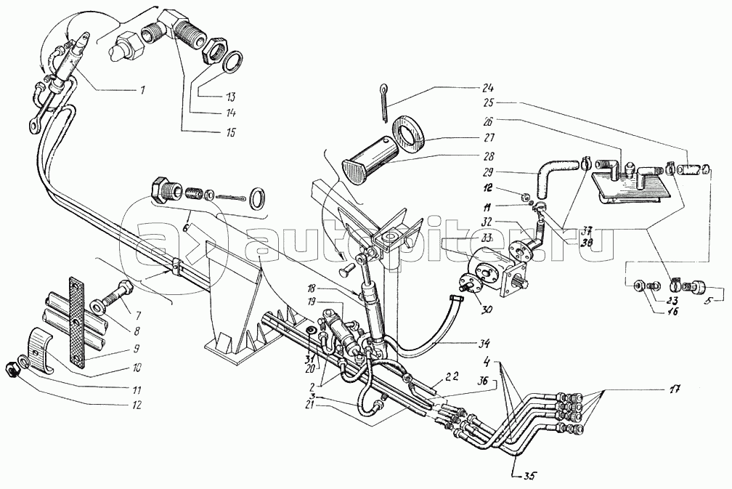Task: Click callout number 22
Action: point(452,376)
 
